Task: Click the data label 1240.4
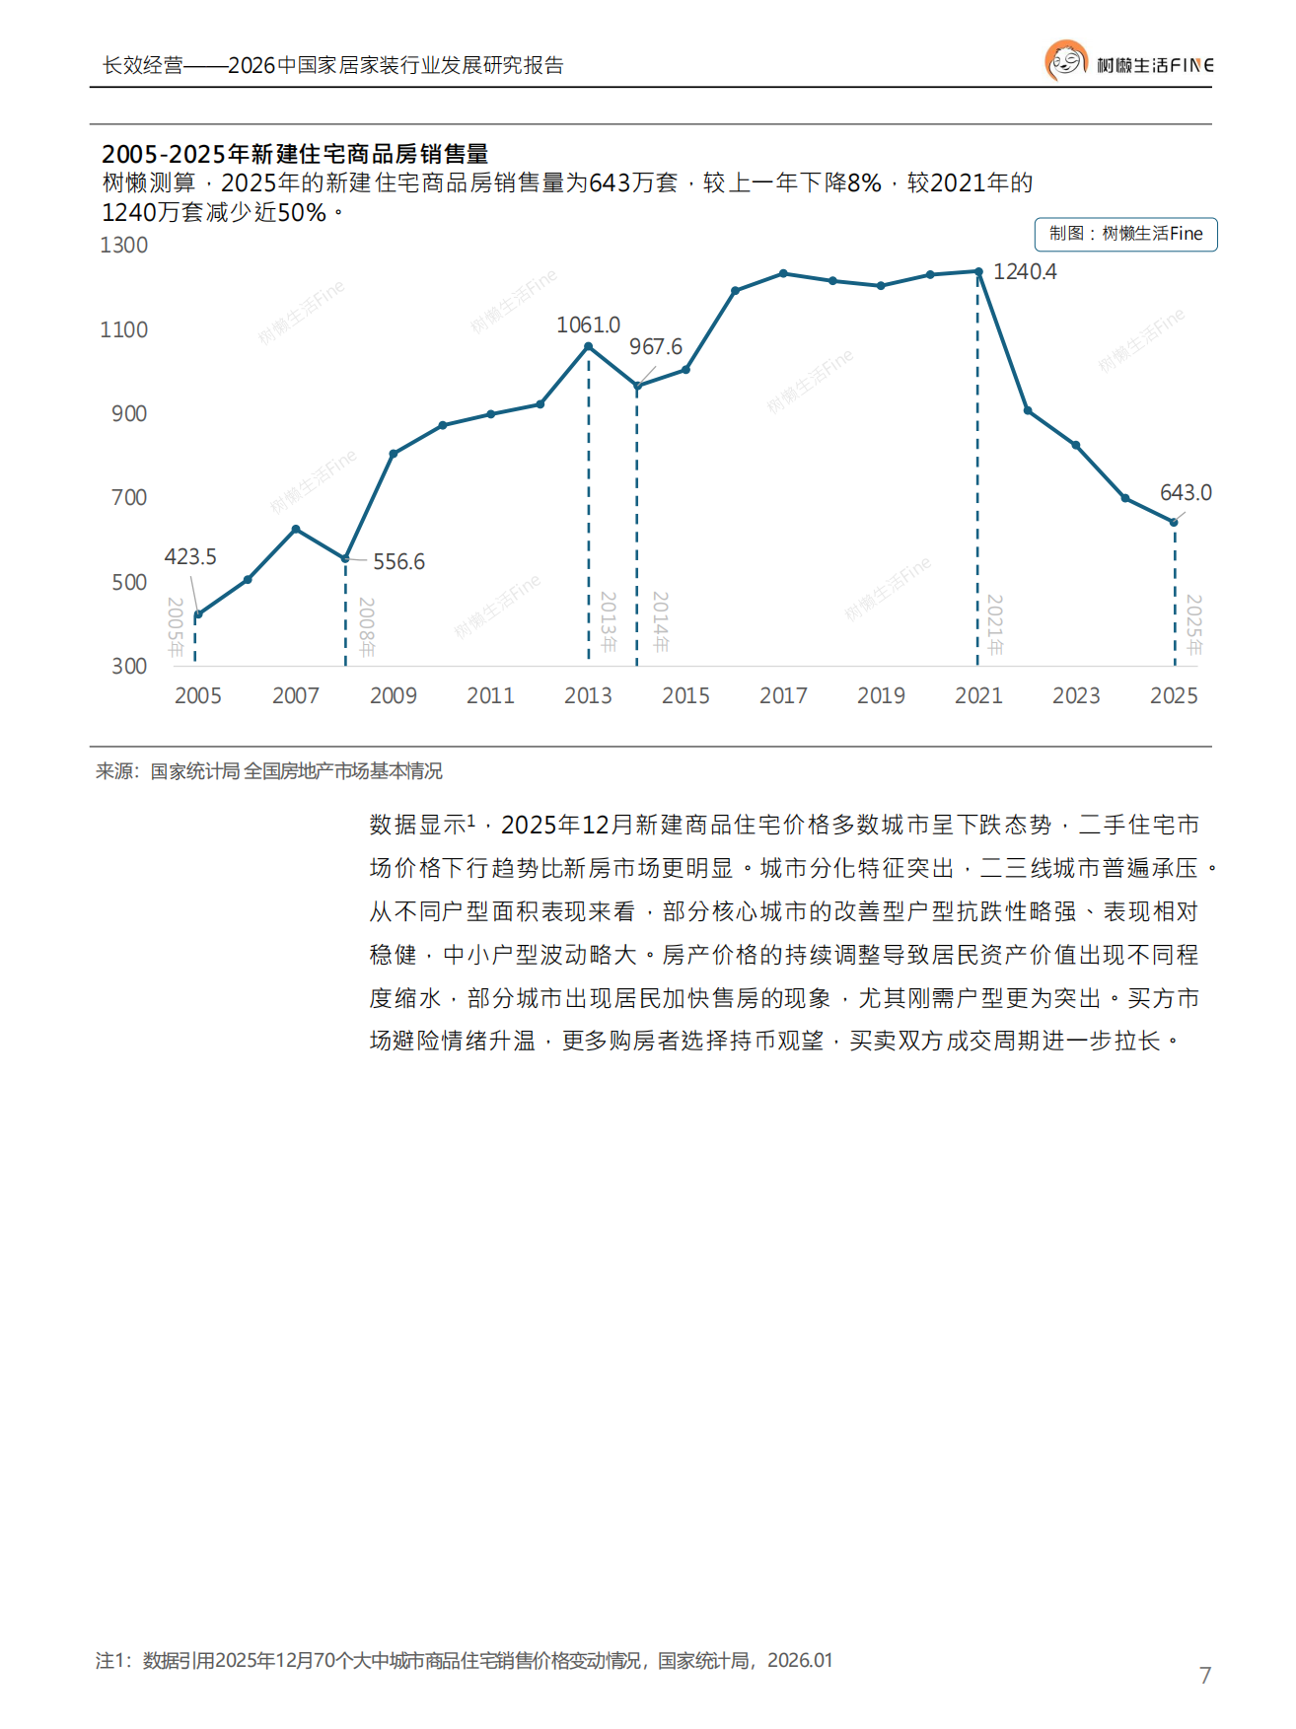1024,272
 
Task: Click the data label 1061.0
588,325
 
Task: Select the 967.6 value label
655,347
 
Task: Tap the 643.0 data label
1185,493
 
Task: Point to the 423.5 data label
189,557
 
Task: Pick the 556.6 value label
398,562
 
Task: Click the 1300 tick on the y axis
123,246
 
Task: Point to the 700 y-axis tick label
128,498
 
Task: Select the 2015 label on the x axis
685,696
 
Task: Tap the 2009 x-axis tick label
393,696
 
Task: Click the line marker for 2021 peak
978,271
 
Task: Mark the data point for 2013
589,347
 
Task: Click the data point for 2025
1174,522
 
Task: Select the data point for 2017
783,273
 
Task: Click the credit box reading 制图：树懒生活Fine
1125,235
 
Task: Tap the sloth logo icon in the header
1065,61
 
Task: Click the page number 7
1204,1675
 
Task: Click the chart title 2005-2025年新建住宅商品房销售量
295,154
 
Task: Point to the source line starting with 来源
268,771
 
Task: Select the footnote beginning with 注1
464,1661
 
